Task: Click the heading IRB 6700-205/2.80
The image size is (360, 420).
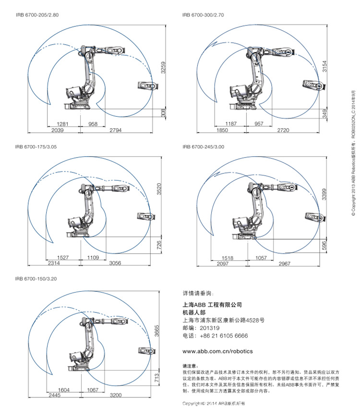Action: [x=36, y=15]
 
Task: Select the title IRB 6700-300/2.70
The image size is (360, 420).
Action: [x=203, y=15]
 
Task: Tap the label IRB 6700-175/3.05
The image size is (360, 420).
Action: [x=36, y=147]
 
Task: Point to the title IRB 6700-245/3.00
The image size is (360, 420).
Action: [x=203, y=147]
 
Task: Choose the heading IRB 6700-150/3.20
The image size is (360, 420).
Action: [x=36, y=278]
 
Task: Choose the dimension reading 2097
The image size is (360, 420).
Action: [x=222, y=264]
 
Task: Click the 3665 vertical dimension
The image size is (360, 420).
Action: [x=156, y=333]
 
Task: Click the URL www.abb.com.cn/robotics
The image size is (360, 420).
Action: [x=217, y=351]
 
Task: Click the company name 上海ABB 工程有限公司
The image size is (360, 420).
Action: [x=212, y=305]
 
